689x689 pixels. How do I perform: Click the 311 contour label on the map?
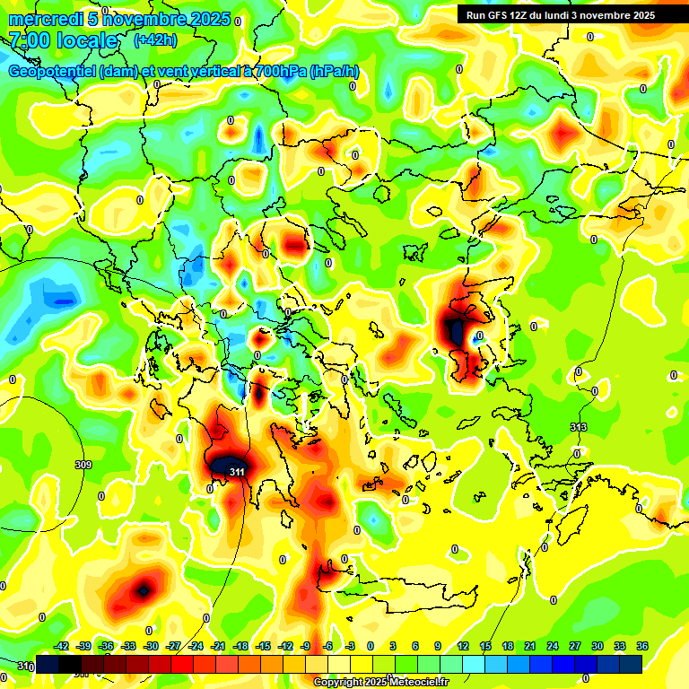point(237,471)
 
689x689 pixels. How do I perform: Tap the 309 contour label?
point(83,465)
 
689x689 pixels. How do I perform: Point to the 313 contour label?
point(579,427)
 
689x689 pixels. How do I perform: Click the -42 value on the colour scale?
point(62,646)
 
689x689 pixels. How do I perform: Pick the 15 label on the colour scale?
point(485,646)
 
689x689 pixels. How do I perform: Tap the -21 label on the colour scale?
point(219,646)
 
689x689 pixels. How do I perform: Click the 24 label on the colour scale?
point(552,646)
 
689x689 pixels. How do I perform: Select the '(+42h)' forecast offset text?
point(154,39)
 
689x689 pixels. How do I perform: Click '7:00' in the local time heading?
point(29,40)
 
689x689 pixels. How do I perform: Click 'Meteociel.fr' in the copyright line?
point(417,683)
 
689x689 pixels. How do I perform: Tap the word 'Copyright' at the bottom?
point(338,683)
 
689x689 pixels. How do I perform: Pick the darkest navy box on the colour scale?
point(631,664)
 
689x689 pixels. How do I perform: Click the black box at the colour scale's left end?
point(48,664)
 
